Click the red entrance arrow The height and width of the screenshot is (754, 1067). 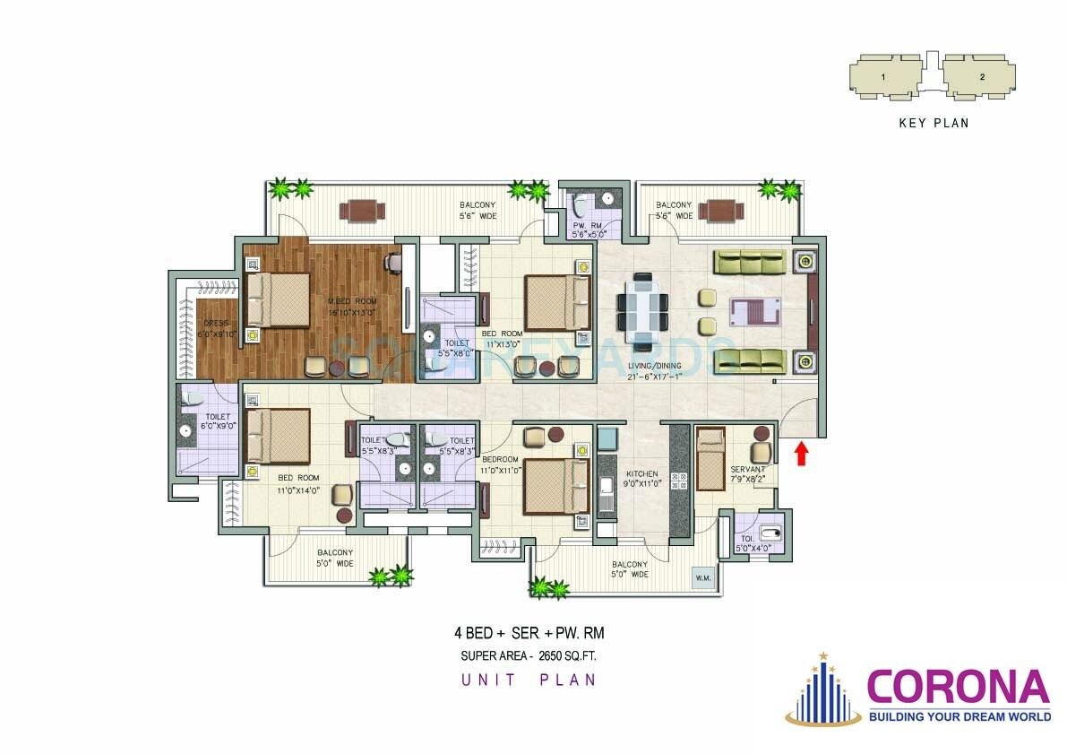click(802, 453)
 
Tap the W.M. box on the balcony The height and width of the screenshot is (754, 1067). click(702, 578)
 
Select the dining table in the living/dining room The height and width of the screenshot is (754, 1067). click(642, 310)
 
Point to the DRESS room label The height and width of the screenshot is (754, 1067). click(216, 323)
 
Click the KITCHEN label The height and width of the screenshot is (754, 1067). click(642, 474)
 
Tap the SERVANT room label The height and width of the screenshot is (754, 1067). click(746, 469)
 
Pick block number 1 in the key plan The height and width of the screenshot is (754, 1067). click(882, 77)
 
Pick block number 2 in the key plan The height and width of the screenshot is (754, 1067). click(982, 77)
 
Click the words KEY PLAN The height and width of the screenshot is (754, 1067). click(934, 124)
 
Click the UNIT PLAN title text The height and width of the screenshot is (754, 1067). click(529, 680)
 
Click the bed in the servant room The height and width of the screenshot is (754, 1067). click(710, 459)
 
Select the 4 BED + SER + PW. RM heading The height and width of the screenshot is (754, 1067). click(535, 633)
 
